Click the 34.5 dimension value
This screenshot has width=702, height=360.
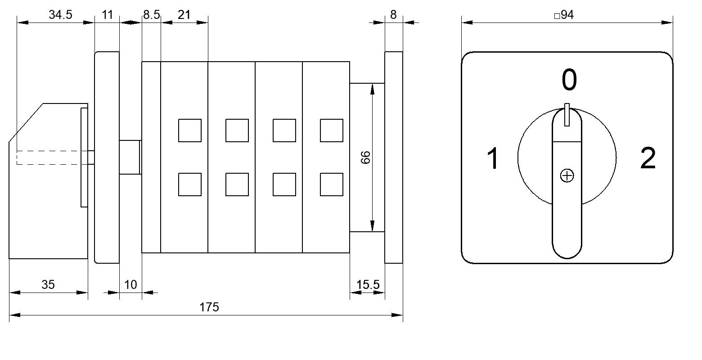tap(60, 15)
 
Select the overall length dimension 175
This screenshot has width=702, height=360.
tap(209, 307)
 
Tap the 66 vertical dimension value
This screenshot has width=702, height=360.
tap(365, 157)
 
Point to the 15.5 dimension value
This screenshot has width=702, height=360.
tap(368, 285)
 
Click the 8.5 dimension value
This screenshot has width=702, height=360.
tap(151, 15)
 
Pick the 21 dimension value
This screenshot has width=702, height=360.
tap(184, 15)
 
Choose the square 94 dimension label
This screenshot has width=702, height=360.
tap(564, 15)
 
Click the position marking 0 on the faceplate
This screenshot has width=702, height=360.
tap(569, 80)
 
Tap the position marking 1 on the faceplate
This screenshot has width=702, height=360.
tap(493, 158)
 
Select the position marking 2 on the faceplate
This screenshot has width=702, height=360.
tap(648, 158)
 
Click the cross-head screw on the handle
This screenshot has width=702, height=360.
tap(567, 175)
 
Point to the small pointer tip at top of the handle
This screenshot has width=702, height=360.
tap(567, 115)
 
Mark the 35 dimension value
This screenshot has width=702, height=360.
tap(48, 285)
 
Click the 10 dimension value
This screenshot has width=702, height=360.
tap(130, 285)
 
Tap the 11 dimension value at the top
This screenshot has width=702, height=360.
tap(107, 15)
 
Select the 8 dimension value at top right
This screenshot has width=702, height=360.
tap(393, 15)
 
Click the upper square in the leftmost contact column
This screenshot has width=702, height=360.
tap(190, 130)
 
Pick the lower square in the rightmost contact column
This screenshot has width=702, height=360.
tap(332, 184)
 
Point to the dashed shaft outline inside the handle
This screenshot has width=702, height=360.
tap(52, 157)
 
